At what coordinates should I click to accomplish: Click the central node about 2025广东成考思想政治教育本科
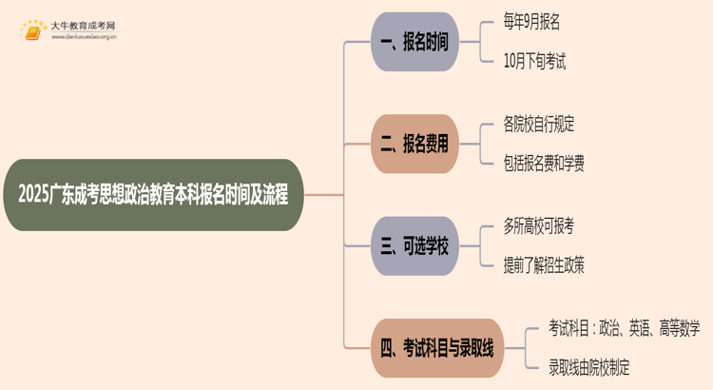click(153, 195)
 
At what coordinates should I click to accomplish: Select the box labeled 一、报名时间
click(414, 42)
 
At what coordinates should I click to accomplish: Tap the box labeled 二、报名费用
click(414, 144)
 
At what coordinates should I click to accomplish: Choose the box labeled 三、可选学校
click(414, 246)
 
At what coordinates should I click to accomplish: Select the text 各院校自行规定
click(539, 125)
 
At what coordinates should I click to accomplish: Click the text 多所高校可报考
click(539, 226)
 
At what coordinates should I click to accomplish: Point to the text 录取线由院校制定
click(588, 367)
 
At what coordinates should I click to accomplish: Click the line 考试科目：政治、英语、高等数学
click(624, 329)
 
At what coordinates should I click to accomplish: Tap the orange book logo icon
click(32, 33)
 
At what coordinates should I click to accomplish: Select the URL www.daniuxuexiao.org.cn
click(84, 39)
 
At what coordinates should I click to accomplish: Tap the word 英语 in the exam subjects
click(634, 329)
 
